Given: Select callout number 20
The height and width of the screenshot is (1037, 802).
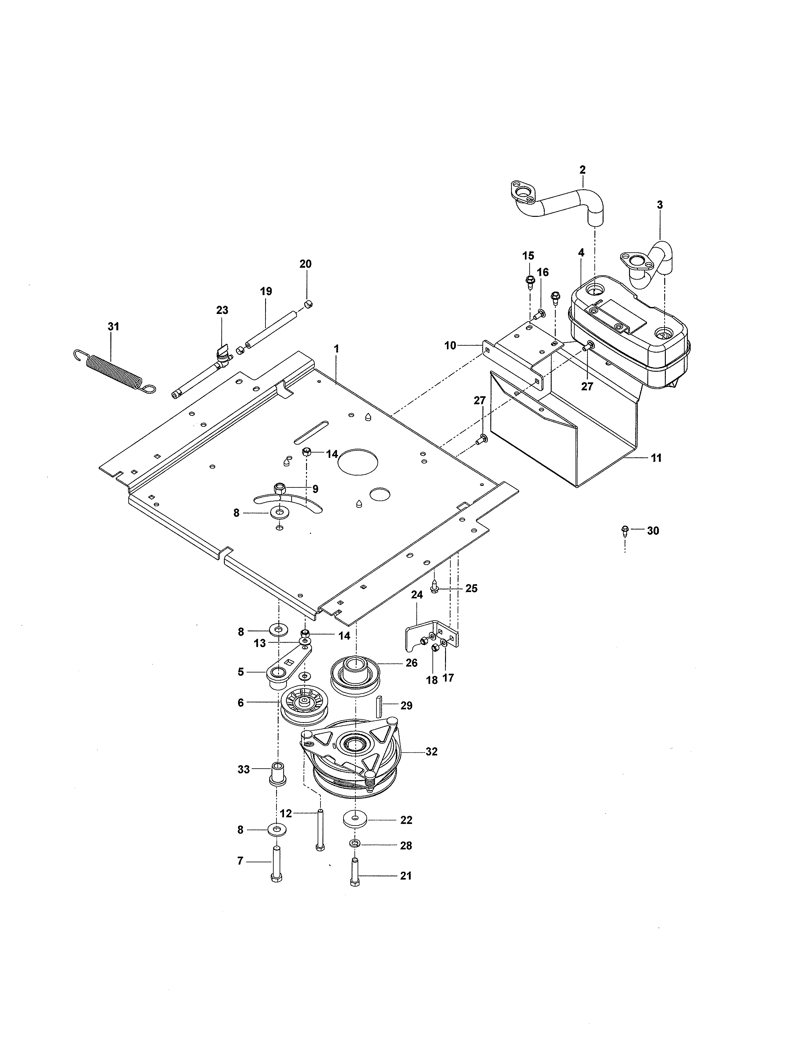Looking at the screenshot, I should tap(305, 264).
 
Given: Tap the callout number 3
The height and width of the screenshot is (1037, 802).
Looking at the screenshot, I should tap(660, 205).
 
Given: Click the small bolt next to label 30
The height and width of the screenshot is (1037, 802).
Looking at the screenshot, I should tap(625, 529).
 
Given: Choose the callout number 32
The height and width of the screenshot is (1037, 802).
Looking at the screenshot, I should tap(432, 752).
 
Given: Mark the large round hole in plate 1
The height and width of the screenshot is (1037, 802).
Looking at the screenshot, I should tap(358, 461).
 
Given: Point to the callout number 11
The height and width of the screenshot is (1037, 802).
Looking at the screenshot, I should tap(656, 458).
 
